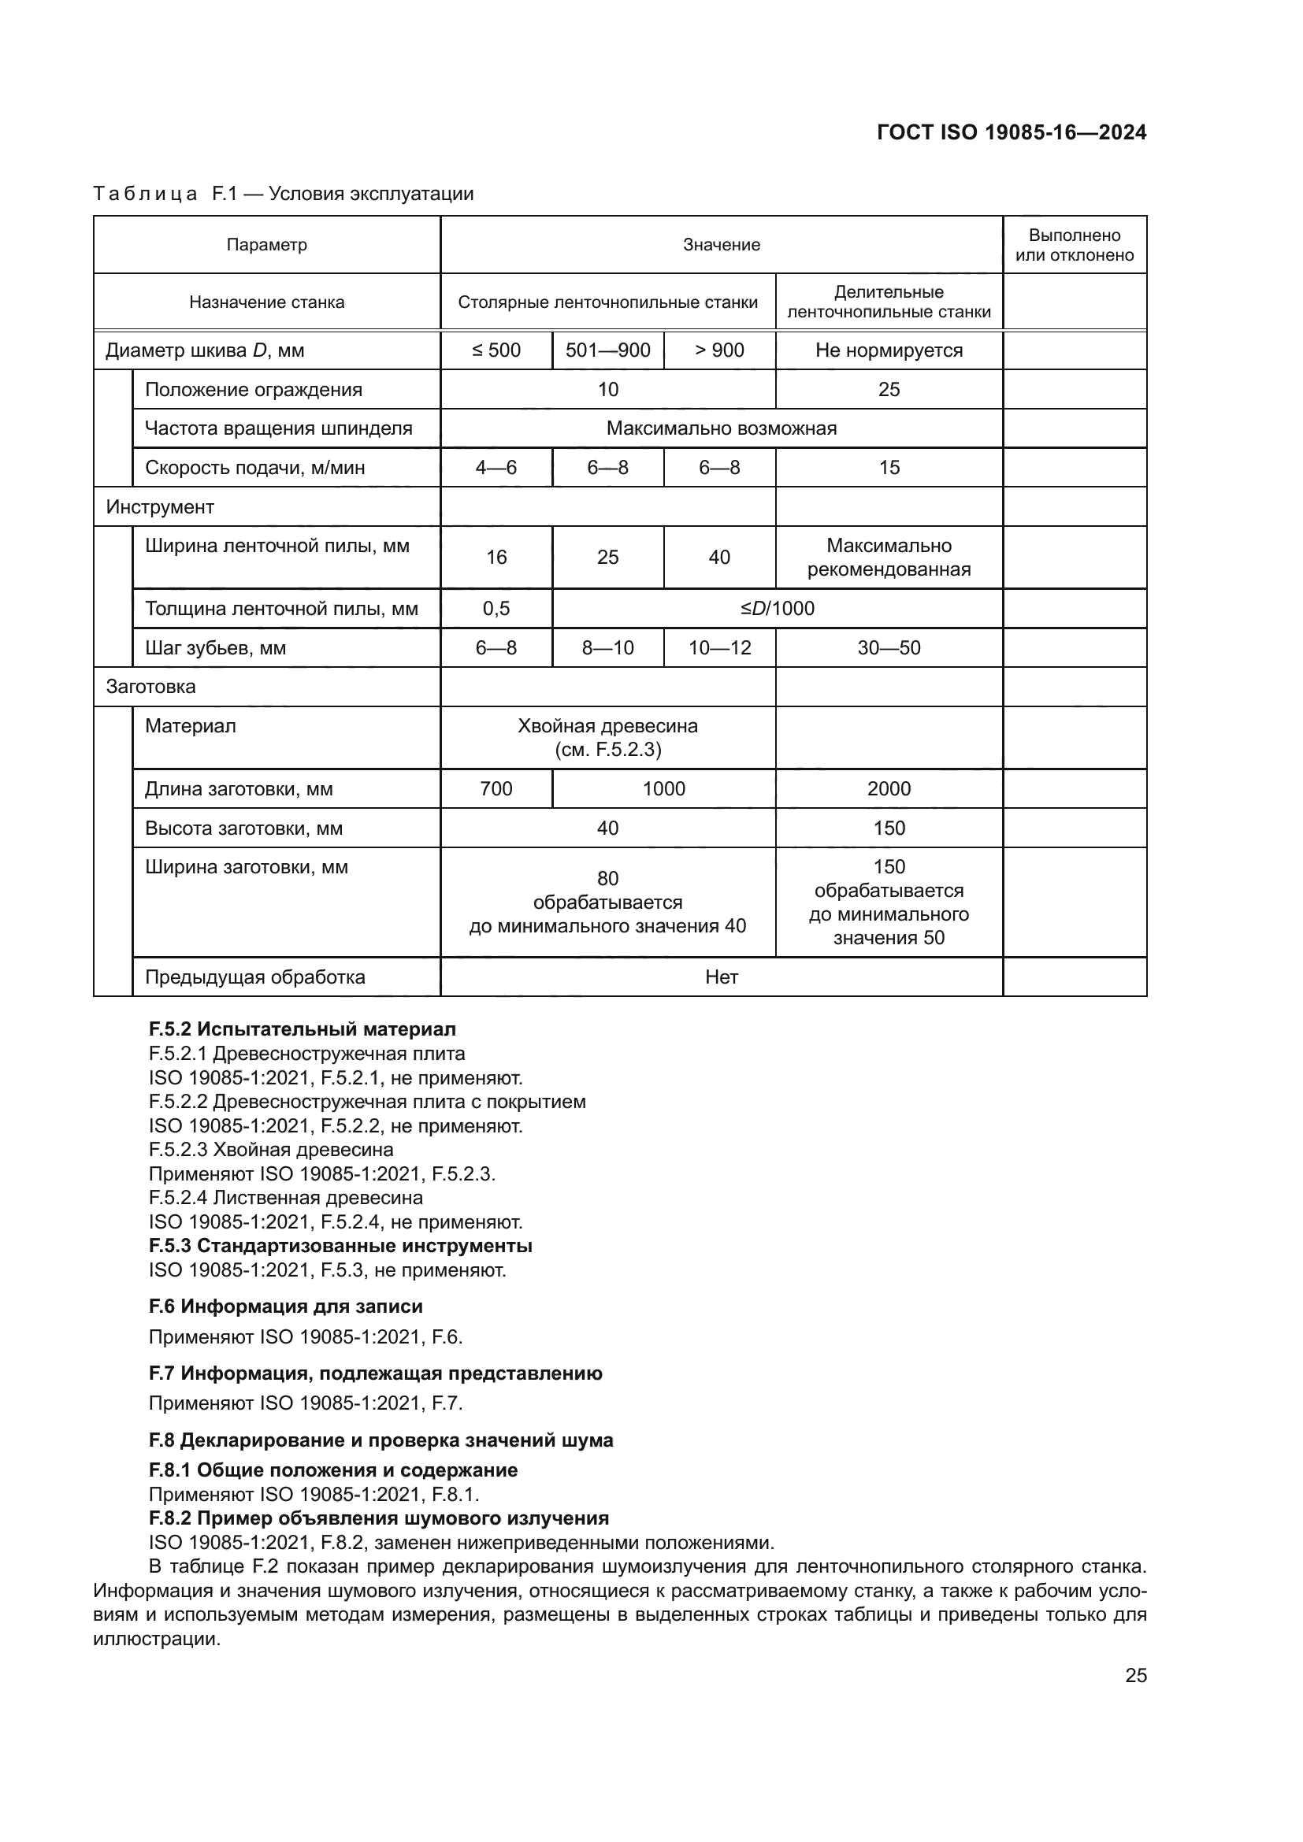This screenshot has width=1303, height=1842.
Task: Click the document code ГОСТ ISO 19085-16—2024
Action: pyautogui.click(x=1012, y=132)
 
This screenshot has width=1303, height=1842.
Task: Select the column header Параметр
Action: pyautogui.click(x=266, y=245)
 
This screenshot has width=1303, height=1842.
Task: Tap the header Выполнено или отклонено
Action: pyautogui.click(x=1075, y=245)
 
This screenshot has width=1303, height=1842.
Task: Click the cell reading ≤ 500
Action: pyautogui.click(x=496, y=350)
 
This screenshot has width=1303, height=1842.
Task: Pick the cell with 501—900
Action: pyautogui.click(x=607, y=350)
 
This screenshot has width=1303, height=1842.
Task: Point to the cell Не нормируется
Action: pyautogui.click(x=888, y=350)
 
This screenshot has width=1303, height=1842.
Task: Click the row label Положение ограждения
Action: pyautogui.click(x=254, y=390)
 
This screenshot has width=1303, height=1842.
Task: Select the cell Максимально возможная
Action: pyautogui.click(x=722, y=428)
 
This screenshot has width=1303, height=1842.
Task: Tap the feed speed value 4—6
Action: pyautogui.click(x=496, y=468)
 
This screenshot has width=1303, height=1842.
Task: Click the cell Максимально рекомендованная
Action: pyautogui.click(x=888, y=558)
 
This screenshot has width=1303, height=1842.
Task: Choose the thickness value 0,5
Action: pyautogui.click(x=496, y=609)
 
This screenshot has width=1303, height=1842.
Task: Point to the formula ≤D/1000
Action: pyautogui.click(x=777, y=609)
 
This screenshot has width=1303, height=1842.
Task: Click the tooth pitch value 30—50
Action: pyautogui.click(x=888, y=648)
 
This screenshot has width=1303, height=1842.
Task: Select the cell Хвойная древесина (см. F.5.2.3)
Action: pyautogui.click(x=607, y=737)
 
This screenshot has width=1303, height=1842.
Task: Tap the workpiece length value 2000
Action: pyautogui.click(x=888, y=788)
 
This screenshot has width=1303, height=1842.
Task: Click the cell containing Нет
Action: pyautogui.click(x=722, y=977)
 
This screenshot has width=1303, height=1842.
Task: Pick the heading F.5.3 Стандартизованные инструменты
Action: pyautogui.click(x=340, y=1246)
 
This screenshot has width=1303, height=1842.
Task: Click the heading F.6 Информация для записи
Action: pyautogui.click(x=286, y=1306)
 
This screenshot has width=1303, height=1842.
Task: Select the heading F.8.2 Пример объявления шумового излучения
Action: pyautogui.click(x=379, y=1518)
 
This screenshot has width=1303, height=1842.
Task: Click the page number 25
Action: pyautogui.click(x=1135, y=1676)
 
